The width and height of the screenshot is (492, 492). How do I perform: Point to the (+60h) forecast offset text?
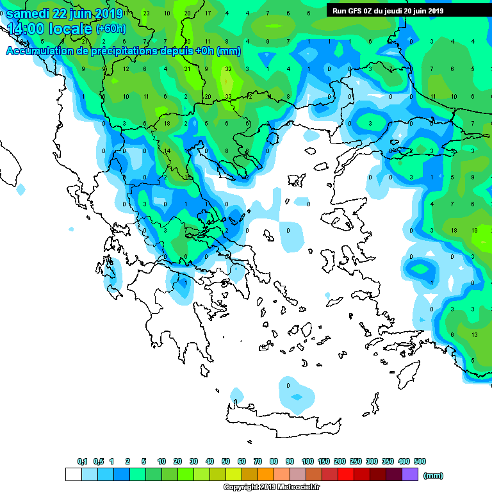tap(110, 29)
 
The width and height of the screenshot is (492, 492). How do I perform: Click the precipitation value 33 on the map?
tap(228, 96)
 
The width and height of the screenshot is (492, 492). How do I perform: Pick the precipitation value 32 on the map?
tap(228, 69)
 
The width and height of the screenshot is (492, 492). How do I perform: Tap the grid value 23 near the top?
tap(147, 13)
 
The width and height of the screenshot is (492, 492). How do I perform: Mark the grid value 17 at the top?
tap(208, 13)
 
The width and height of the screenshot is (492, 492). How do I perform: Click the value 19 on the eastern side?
tap(474, 230)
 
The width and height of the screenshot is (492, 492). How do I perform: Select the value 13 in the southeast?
tap(474, 335)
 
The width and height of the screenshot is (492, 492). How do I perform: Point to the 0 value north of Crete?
tap(288, 385)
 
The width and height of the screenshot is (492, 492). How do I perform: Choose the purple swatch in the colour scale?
tap(411, 474)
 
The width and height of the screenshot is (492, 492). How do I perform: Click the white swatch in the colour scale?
tap(74, 474)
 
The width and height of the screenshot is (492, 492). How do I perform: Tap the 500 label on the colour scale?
tap(420, 461)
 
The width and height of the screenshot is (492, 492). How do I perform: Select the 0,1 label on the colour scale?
tap(82, 461)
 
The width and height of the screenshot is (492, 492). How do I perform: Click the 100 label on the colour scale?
tap(307, 461)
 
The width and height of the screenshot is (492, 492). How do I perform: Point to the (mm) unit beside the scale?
tap(434, 475)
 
